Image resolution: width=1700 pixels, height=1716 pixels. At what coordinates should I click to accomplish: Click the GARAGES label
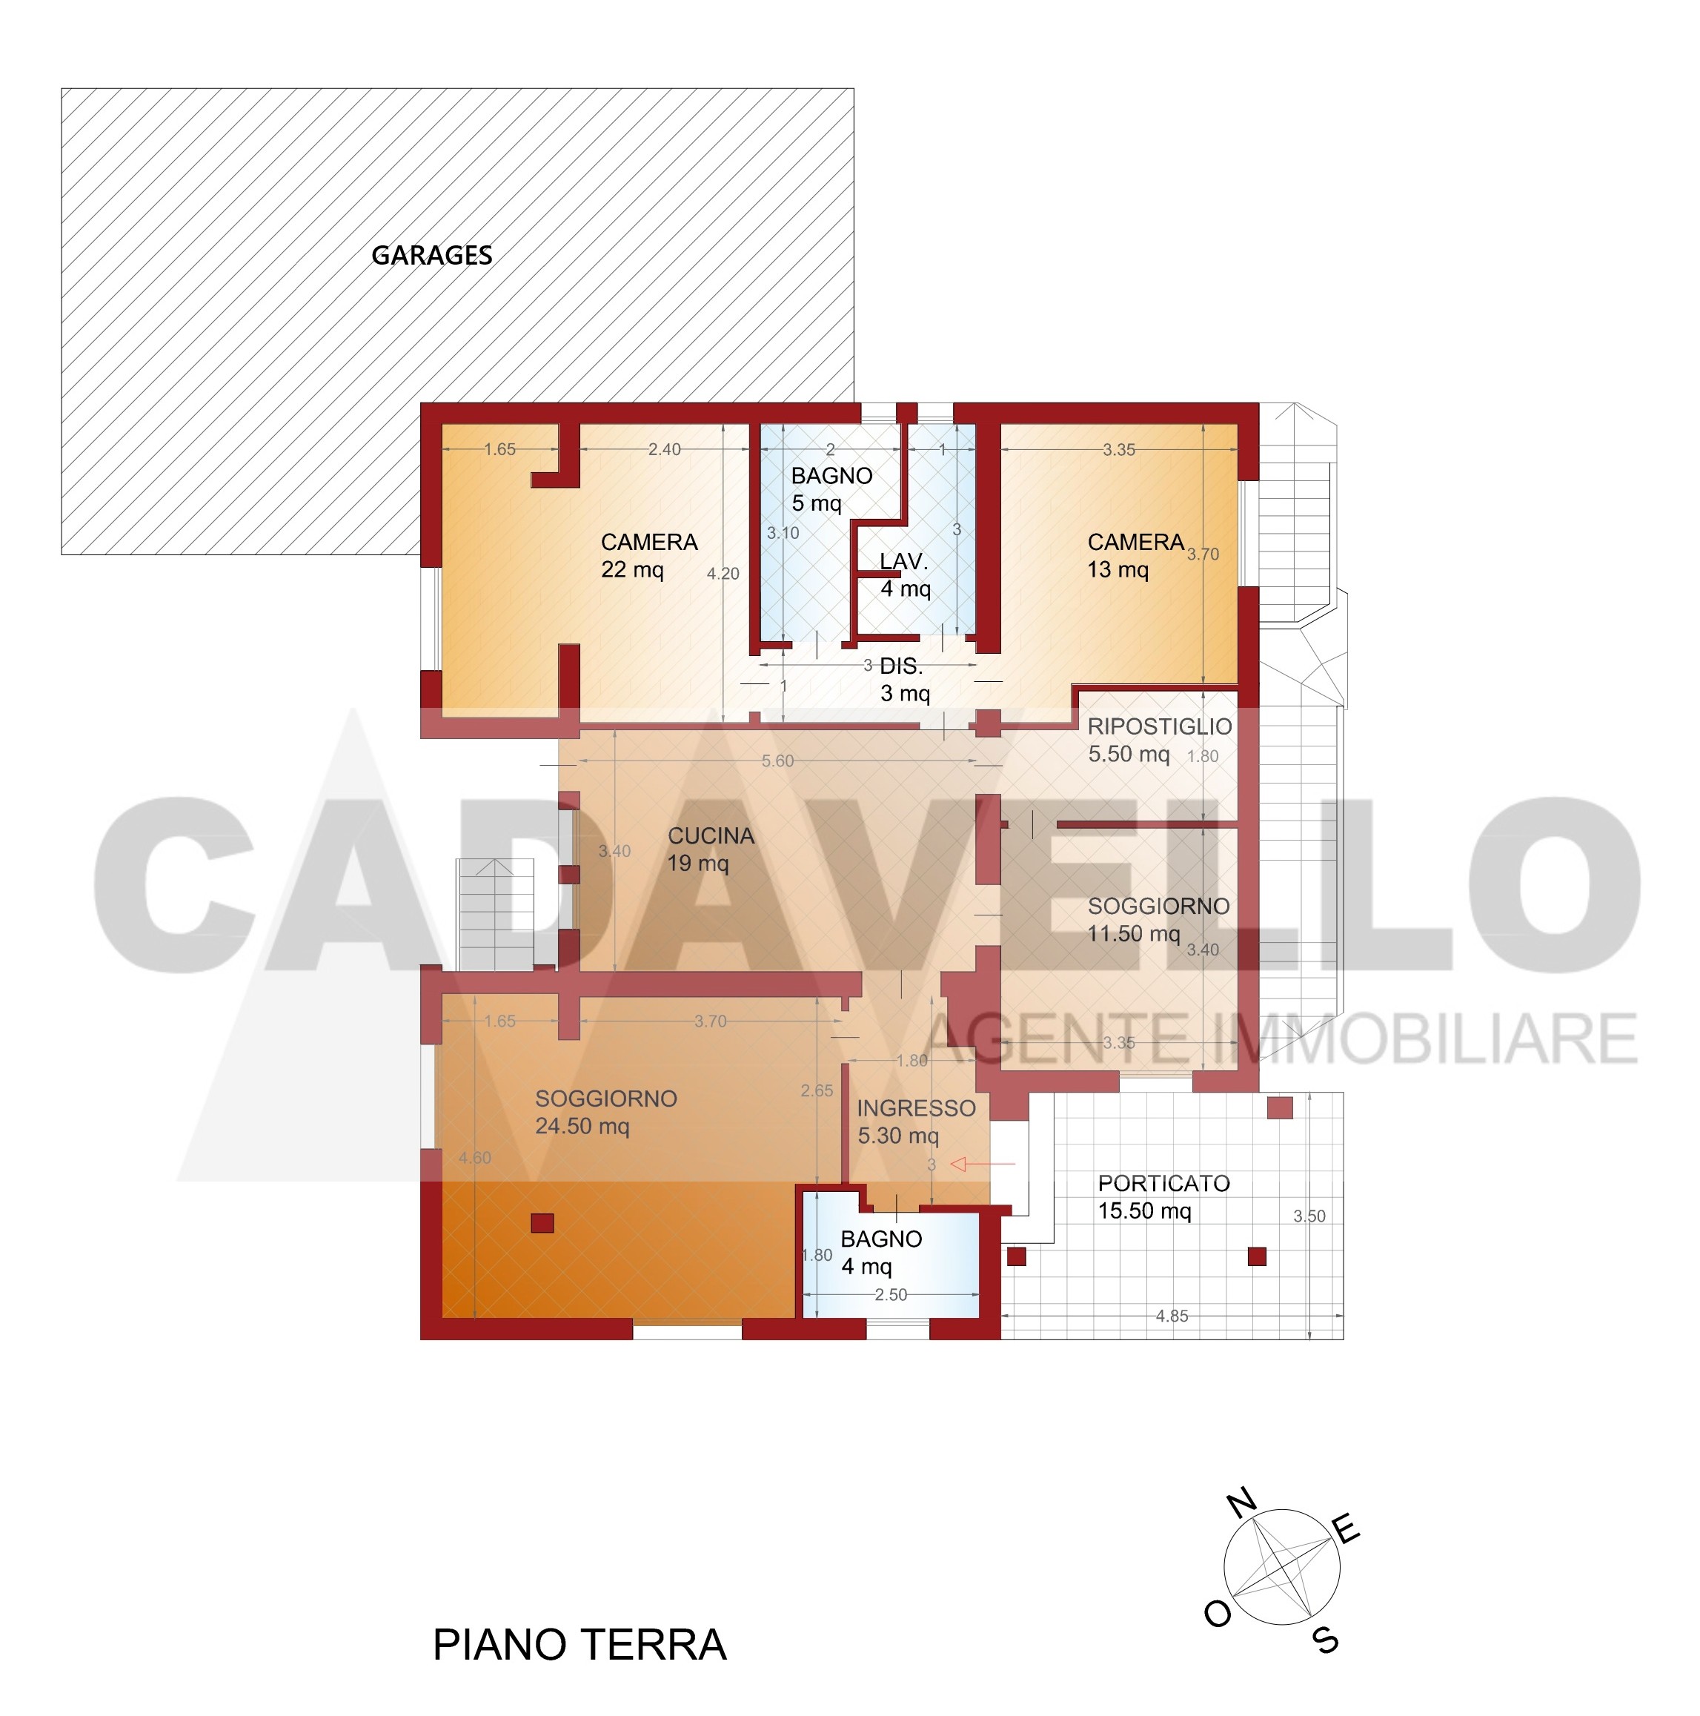[x=431, y=256]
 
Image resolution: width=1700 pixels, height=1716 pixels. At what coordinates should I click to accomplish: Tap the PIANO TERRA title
[x=579, y=1644]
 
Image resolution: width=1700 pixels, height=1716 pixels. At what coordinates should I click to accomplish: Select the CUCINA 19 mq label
[x=711, y=849]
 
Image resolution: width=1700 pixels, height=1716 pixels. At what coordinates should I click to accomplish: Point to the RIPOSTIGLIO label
[x=1159, y=726]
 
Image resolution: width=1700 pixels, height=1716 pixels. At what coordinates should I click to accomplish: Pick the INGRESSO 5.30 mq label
[x=916, y=1122]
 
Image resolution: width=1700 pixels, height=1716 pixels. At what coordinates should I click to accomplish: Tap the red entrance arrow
[x=983, y=1164]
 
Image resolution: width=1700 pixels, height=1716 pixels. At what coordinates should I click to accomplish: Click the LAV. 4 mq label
[x=905, y=574]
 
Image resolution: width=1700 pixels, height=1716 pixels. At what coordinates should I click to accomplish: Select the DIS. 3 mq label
[x=904, y=680]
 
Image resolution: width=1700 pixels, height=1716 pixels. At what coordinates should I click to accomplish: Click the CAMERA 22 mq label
[x=648, y=555]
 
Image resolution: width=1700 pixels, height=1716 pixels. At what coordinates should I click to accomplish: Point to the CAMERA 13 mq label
[x=1135, y=555]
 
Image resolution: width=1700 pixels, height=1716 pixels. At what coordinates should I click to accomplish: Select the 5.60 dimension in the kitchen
[x=777, y=761]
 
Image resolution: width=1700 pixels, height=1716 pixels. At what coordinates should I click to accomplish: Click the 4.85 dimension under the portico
[x=1172, y=1316]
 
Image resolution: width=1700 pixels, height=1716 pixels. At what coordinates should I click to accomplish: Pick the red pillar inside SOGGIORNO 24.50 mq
[x=542, y=1223]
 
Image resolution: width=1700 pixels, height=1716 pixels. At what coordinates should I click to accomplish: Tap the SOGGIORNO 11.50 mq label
[x=1158, y=919]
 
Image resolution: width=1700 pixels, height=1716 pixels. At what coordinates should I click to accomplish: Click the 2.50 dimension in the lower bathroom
[x=891, y=1295]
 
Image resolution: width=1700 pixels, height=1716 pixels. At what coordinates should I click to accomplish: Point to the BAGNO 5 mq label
[x=831, y=488]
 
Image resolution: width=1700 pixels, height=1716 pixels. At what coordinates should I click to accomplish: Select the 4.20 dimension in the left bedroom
[x=723, y=574]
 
